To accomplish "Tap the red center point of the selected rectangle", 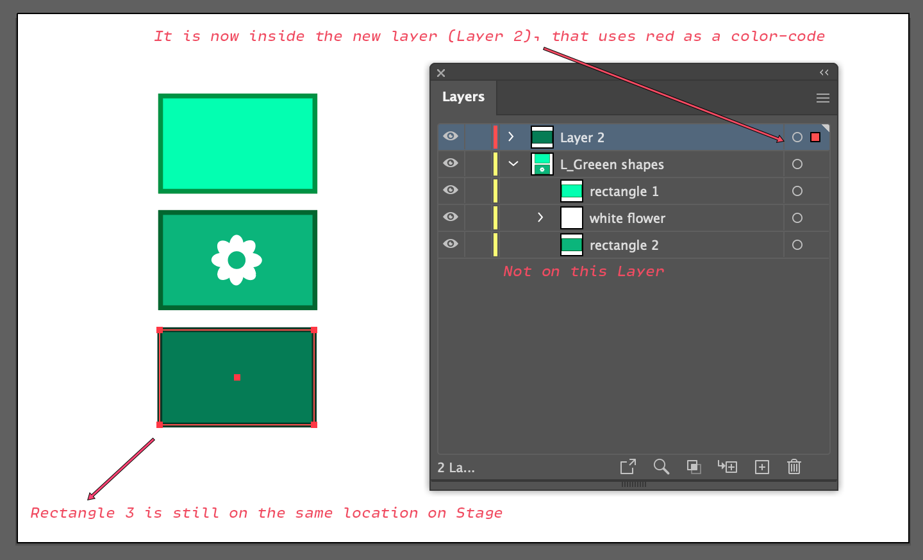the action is point(237,377).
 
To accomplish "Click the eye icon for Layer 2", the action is point(451,136).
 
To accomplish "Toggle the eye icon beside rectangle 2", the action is point(451,243).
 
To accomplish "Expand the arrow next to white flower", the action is point(540,217).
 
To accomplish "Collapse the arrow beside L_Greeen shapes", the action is point(513,163).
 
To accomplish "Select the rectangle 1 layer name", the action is point(624,192).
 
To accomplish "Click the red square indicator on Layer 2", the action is point(815,137).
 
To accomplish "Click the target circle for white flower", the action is point(797,218).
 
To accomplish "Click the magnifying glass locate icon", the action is point(661,467).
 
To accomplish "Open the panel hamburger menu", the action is point(822,98).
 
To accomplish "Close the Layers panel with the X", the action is point(441,73).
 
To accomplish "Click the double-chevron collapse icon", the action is point(824,72).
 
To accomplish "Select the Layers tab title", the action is point(463,97).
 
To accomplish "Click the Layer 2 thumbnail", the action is point(542,137).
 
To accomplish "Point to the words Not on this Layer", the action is point(583,272).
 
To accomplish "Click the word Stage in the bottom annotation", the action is point(479,513).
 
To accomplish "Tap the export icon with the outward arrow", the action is point(628,467).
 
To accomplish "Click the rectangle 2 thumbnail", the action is point(572,245).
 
